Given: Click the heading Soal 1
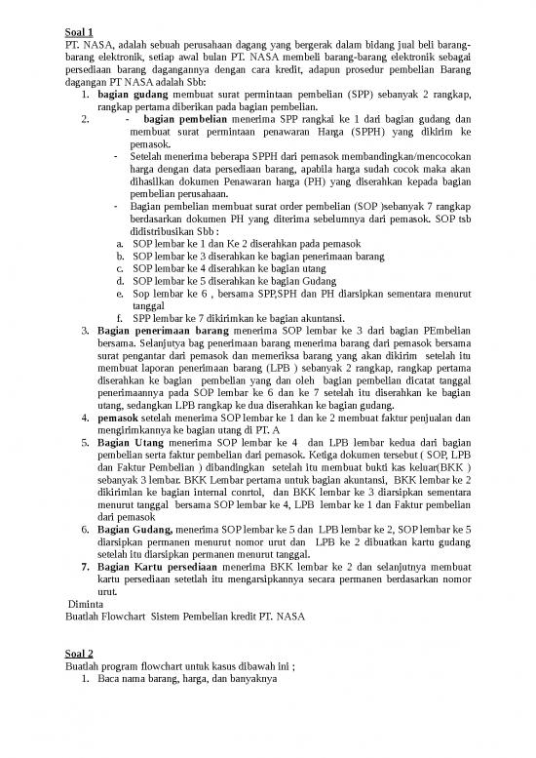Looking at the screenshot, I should click(x=78, y=32).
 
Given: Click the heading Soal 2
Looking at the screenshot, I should click(x=78, y=653).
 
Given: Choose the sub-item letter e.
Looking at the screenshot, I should click(x=119, y=292).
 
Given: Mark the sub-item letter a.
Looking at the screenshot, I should click(x=118, y=242).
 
